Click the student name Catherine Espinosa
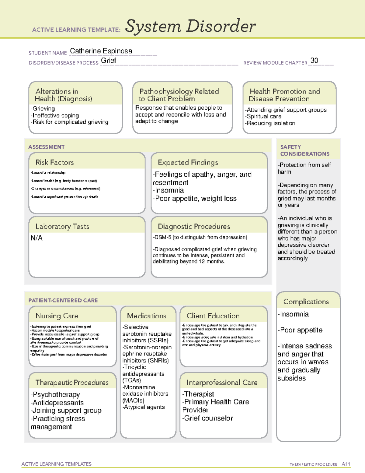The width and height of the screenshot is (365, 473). [x=101, y=51]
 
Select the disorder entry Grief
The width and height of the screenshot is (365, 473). [x=108, y=61]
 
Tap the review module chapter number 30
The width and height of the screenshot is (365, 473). [x=314, y=61]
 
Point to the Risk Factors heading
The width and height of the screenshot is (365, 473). [x=54, y=162]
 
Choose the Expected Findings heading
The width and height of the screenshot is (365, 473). [x=188, y=162]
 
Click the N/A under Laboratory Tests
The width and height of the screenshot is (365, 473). [x=36, y=238]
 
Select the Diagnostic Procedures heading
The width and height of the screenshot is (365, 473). [x=194, y=226]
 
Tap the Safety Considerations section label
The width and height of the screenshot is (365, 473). [x=304, y=150]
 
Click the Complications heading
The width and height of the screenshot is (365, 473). [x=306, y=302]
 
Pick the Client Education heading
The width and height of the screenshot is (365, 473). [x=213, y=316]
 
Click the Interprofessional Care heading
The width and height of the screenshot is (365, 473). [x=222, y=383]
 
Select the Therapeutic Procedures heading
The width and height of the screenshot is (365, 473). [x=72, y=383]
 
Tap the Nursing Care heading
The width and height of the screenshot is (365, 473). [x=57, y=316]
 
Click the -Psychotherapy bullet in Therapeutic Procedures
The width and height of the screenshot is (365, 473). [x=55, y=395]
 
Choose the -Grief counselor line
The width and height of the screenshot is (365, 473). [x=207, y=418]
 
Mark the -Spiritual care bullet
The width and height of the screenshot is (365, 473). [x=263, y=116]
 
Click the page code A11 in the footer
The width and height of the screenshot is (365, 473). [x=346, y=464]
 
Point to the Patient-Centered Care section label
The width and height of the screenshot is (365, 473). [x=63, y=300]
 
